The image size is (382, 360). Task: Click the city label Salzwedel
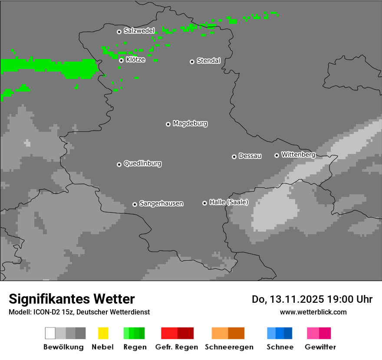click(x=139, y=31)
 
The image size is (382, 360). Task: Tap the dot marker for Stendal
click(x=192, y=62)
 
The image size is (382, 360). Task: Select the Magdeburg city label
click(x=190, y=124)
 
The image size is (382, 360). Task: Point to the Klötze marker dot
click(x=121, y=60)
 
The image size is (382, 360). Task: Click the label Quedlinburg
click(x=142, y=164)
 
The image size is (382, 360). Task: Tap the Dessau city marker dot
click(x=234, y=157)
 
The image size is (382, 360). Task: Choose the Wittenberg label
click(x=298, y=154)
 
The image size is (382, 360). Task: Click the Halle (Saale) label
click(x=229, y=202)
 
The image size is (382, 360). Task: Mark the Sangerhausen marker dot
click(x=135, y=204)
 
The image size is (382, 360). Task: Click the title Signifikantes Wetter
click(x=72, y=299)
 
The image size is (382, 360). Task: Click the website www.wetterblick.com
click(x=313, y=312)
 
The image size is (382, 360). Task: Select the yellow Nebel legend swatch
click(x=103, y=333)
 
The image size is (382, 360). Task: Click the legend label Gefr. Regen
click(x=176, y=347)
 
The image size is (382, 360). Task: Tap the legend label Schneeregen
click(x=229, y=347)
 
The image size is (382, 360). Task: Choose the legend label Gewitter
click(x=320, y=347)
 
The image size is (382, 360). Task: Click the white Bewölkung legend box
click(x=50, y=333)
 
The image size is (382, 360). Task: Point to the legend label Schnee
click(x=280, y=347)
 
